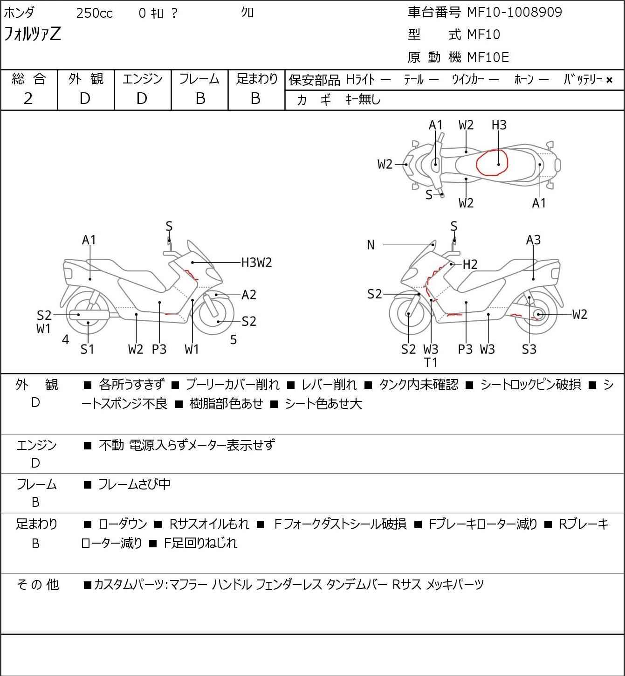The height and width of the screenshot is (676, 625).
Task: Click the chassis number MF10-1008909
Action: (515, 13)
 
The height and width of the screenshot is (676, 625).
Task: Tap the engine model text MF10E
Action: (488, 57)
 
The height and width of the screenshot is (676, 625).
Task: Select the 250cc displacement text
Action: (94, 13)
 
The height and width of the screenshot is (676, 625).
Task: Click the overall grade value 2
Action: (28, 99)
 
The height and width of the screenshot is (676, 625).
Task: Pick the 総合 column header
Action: (28, 79)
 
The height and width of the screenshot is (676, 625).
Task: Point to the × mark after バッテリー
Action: (609, 80)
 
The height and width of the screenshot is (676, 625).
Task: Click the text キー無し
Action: (363, 99)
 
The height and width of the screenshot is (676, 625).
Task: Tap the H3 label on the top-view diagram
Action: (499, 125)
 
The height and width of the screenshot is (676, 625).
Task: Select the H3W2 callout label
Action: (256, 262)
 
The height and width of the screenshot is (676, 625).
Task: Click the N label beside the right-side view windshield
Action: (371, 245)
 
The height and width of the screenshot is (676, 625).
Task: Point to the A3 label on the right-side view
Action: (533, 240)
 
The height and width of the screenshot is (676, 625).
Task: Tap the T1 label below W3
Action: (431, 363)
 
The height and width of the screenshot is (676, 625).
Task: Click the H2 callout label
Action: (470, 264)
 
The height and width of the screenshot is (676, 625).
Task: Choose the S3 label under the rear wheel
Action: (529, 349)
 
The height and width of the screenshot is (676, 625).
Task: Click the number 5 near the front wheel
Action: (234, 339)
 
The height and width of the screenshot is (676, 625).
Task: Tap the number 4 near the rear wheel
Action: (65, 339)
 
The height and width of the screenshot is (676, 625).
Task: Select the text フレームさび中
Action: (134, 484)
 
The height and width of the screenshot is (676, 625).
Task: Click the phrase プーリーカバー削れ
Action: (233, 385)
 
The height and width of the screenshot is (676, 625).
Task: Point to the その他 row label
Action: (38, 585)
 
